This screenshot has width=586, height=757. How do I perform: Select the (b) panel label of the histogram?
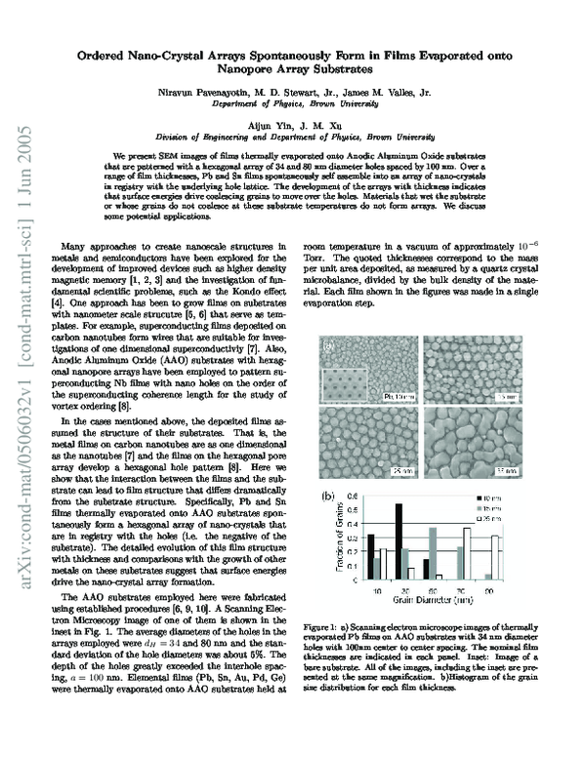tap(329, 497)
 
